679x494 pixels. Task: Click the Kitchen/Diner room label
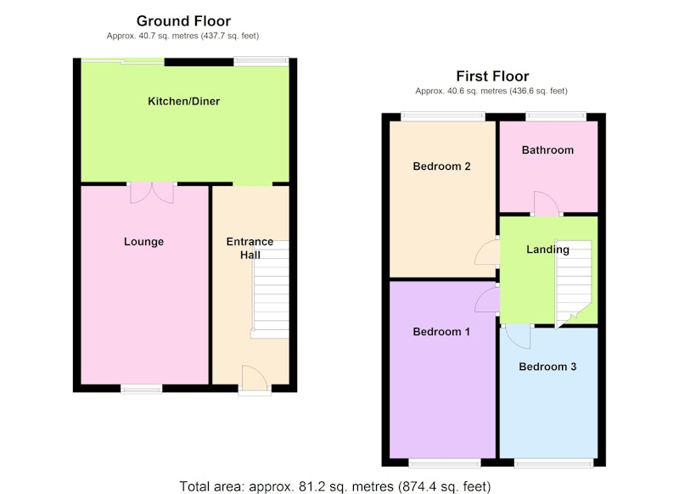point(183,101)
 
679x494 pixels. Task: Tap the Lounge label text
point(143,242)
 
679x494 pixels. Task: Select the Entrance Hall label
point(250,248)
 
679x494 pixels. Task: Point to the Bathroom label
point(547,150)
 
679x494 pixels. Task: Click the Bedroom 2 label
point(441,166)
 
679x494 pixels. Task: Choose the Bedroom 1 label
point(441,332)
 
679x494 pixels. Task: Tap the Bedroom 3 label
point(547,367)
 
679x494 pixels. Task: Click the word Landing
point(547,250)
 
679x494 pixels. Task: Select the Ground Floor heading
point(183,20)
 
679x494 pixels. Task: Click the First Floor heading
point(492,76)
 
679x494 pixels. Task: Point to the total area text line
point(334,486)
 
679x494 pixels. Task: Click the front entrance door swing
point(255,378)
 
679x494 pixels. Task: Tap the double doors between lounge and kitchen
point(152,192)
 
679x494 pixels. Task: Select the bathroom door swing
point(546,204)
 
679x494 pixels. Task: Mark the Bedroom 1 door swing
point(486,299)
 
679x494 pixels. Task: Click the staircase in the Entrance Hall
point(270,289)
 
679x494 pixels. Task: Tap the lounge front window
point(142,390)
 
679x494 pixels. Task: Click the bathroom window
point(556,116)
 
